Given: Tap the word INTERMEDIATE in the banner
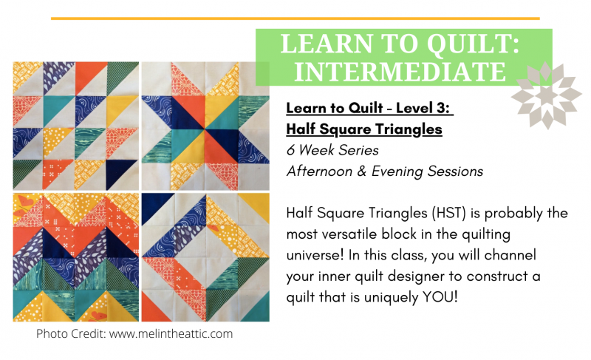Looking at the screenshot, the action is pyautogui.click(x=400, y=72).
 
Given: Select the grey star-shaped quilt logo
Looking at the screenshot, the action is pyautogui.click(x=547, y=95).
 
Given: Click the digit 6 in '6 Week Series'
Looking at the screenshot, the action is pyautogui.click(x=290, y=150).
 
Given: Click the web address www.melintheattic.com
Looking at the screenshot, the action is pyautogui.click(x=171, y=333).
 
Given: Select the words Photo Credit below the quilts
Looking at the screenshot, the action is pyautogui.click(x=70, y=333).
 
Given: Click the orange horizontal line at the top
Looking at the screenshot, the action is pyautogui.click(x=295, y=18).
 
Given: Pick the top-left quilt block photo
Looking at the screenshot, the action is pyautogui.click(x=76, y=126).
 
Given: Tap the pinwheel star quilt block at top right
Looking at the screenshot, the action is pyautogui.click(x=205, y=126).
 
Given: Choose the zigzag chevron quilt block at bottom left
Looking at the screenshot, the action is pyautogui.click(x=76, y=257).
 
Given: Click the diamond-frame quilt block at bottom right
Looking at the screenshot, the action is pyautogui.click(x=205, y=257).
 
